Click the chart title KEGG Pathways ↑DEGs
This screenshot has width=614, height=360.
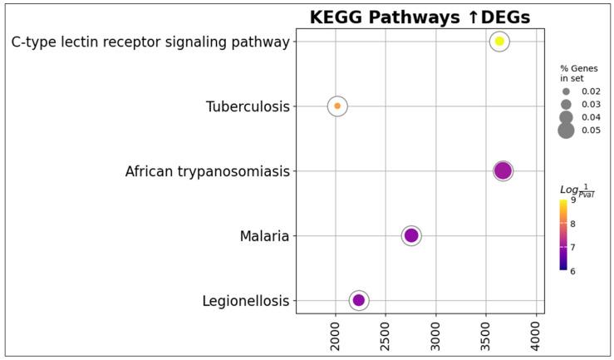(x=420, y=17)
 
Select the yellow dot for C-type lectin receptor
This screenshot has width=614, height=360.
(x=499, y=41)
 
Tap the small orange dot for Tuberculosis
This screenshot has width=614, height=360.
(x=337, y=106)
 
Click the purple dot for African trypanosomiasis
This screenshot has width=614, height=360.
(x=503, y=171)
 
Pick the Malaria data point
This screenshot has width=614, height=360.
(x=411, y=235)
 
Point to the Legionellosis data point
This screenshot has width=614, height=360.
(x=359, y=300)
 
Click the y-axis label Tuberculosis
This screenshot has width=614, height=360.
(x=248, y=106)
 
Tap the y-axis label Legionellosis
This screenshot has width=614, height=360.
(x=246, y=301)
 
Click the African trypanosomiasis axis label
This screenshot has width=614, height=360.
(x=207, y=171)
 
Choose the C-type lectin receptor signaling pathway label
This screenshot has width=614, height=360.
(x=150, y=42)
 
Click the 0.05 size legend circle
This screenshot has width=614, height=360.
(x=566, y=131)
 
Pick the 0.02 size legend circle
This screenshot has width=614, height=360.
(x=566, y=91)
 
